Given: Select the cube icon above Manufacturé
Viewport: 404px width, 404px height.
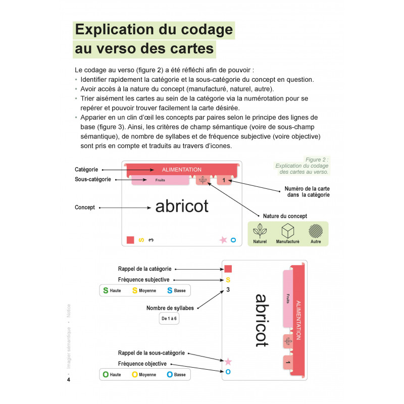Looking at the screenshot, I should point(288,231).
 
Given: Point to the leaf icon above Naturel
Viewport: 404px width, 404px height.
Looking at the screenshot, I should point(261,231).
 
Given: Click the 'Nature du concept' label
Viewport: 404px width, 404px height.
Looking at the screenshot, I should point(285,216).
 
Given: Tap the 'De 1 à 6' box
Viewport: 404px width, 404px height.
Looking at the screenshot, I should point(170,319).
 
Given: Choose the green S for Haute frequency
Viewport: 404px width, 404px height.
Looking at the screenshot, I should point(106,290).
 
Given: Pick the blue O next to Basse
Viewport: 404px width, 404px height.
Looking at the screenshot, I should point(170,375).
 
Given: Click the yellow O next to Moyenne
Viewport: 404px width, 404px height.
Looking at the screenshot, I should point(135,375).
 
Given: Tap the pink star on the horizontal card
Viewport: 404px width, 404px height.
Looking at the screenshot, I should point(223,240).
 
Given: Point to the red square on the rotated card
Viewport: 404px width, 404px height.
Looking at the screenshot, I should point(228,269).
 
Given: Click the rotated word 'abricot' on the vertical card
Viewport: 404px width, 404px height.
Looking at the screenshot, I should point(260,320).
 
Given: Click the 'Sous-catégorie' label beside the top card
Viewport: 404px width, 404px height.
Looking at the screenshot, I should point(93,179).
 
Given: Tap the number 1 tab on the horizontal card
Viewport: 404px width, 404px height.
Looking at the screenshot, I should point(224,180).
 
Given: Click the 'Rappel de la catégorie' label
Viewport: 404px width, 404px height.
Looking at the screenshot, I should point(144,269).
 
